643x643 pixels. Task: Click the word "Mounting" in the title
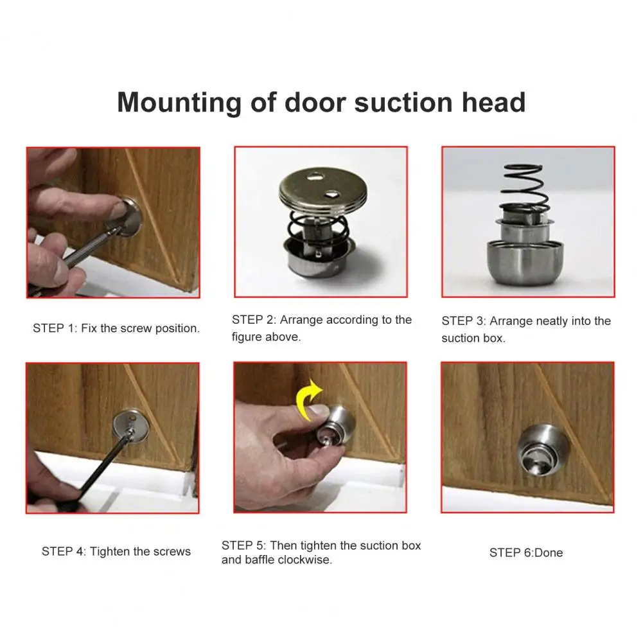pos(179,103)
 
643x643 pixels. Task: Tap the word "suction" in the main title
pos(403,102)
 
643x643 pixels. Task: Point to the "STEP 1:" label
pos(55,328)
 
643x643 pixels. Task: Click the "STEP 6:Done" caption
pos(525,552)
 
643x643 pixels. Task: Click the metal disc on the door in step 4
pos(130,427)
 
